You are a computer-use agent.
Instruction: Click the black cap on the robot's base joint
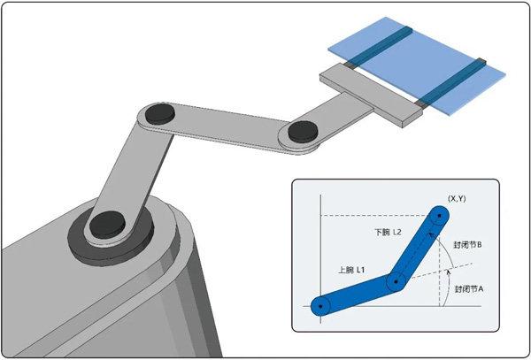tap(107, 224)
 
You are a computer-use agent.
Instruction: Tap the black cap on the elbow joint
tap(160, 114)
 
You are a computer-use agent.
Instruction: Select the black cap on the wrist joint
tap(303, 131)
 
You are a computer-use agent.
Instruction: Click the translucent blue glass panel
tap(417, 65)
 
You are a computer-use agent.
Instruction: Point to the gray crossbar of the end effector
tap(372, 96)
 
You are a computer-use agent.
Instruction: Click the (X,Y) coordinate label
tap(457, 199)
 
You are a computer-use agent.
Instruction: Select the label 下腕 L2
tap(388, 233)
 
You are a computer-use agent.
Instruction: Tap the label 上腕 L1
tap(351, 270)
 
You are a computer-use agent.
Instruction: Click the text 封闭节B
tap(467, 245)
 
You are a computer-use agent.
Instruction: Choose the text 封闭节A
tap(469, 289)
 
